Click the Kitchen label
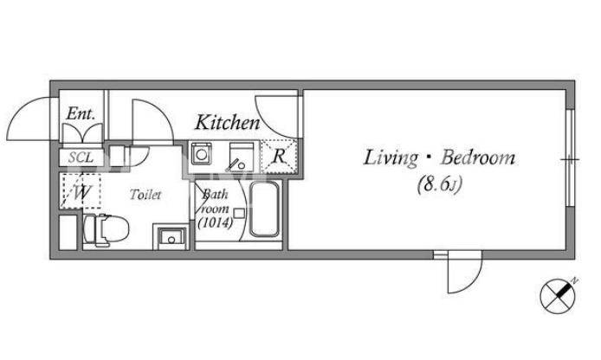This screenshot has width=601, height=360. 228,123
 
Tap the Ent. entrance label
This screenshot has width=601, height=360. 81,113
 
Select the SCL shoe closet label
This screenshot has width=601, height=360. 81,157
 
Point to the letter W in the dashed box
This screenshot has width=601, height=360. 81,192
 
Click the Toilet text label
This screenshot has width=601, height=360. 145,195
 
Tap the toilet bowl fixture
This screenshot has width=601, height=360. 107,229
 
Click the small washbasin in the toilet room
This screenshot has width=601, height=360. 171,237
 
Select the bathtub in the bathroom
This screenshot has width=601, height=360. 264,209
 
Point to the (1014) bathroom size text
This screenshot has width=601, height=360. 215,223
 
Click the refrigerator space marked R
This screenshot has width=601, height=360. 279,157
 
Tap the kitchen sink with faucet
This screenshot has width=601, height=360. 242,157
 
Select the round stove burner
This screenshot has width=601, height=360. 202,154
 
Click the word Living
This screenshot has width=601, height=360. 391,158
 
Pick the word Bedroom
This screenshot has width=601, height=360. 477,157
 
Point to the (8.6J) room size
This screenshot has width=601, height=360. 439,184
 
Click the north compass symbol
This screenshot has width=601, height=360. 558,296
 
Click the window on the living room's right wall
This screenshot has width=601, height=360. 570,158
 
